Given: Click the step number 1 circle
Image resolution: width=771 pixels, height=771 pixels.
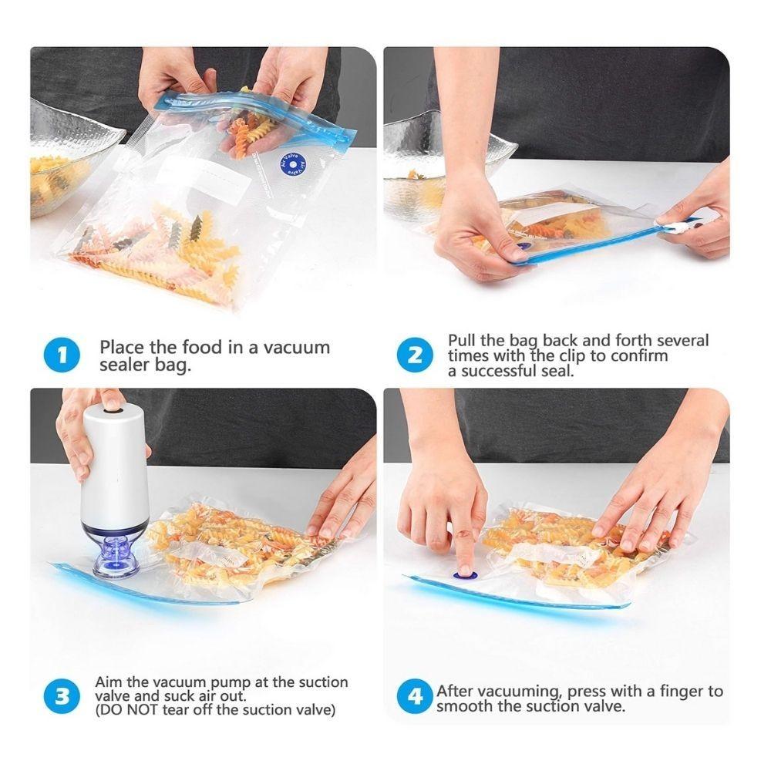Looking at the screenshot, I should coord(62,355).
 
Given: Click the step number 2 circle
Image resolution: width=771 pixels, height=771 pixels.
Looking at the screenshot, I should coord(416,355).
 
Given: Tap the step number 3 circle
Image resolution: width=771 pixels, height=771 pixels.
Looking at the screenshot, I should coord(62,697).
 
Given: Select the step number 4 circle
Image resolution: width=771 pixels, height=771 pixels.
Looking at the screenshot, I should coord(416,698).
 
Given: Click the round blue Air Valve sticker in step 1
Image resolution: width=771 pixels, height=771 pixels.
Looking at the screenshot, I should coord(293,165).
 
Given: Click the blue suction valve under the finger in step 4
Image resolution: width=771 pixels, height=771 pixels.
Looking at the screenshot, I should coord(465,574).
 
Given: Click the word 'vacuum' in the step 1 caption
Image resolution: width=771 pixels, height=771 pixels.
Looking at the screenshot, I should coord(296,347).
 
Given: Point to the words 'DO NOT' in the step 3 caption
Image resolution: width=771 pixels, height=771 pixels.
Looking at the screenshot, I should coord(123,710).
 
